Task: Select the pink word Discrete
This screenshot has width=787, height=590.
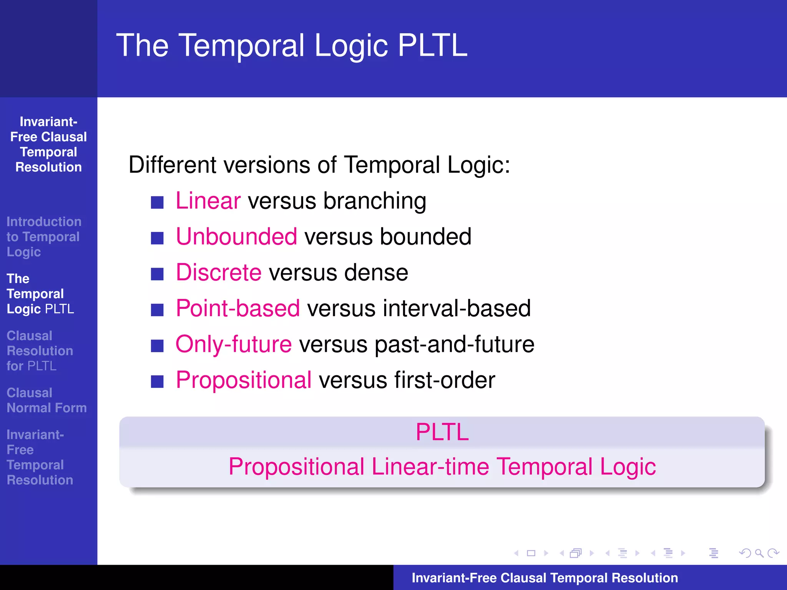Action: (218, 272)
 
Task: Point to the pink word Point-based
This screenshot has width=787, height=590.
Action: (237, 308)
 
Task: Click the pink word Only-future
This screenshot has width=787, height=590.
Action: (233, 344)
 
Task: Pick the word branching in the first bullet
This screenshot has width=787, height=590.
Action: (375, 201)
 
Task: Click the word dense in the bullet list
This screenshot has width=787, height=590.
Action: (376, 273)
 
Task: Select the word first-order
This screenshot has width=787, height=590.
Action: (445, 380)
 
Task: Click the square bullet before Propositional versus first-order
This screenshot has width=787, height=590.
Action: (157, 381)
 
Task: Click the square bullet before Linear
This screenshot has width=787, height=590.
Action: (157, 202)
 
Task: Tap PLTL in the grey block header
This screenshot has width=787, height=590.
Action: (442, 432)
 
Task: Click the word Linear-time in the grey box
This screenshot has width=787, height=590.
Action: (430, 467)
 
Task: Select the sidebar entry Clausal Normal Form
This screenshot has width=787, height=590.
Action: (46, 400)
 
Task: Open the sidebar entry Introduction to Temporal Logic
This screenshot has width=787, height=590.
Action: (43, 237)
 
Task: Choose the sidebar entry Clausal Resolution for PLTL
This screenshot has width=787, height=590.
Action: (40, 351)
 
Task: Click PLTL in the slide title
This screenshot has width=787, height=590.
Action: (432, 45)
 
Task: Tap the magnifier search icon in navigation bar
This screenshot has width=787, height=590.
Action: (759, 553)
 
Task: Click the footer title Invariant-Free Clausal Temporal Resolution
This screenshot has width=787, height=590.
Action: (545, 578)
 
